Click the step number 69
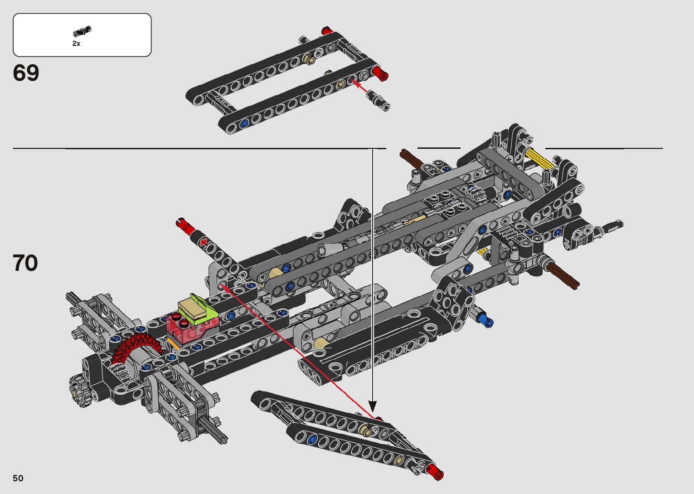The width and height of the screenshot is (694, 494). tap(26, 73)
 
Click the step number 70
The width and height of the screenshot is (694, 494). tap(25, 263)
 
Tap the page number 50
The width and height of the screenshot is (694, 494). tap(18, 478)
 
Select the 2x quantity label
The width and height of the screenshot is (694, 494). tap(76, 44)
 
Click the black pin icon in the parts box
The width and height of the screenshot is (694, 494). tap(82, 31)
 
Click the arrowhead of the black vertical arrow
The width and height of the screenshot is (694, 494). tap(373, 406)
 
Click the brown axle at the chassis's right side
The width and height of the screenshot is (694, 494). tap(563, 275)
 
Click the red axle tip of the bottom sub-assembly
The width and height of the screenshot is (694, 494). tap(435, 472)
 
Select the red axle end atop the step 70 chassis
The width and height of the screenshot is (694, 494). tap(184, 224)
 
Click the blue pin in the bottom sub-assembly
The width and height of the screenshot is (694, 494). tap(311, 440)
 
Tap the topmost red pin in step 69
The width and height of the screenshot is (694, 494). tap(326, 31)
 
